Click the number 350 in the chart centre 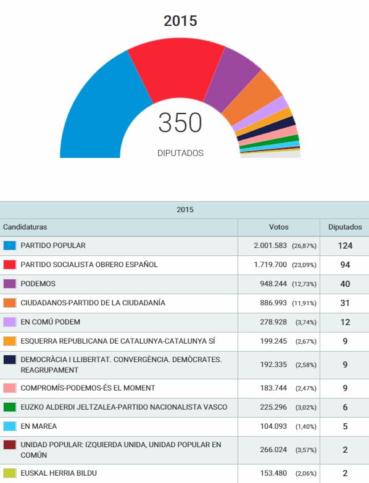180,123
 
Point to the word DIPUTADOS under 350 181,153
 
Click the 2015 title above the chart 180,21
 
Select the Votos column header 279,227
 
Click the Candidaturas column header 25,227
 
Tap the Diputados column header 345,227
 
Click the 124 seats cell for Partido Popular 345,246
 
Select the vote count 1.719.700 270,265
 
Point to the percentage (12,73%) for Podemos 304,284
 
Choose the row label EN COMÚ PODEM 50,322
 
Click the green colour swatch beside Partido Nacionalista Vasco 9,407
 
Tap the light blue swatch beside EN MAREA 9,426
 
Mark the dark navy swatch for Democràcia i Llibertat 9,360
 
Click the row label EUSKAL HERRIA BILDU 59,473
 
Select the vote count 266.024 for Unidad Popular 273,450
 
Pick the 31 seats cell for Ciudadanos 345,303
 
